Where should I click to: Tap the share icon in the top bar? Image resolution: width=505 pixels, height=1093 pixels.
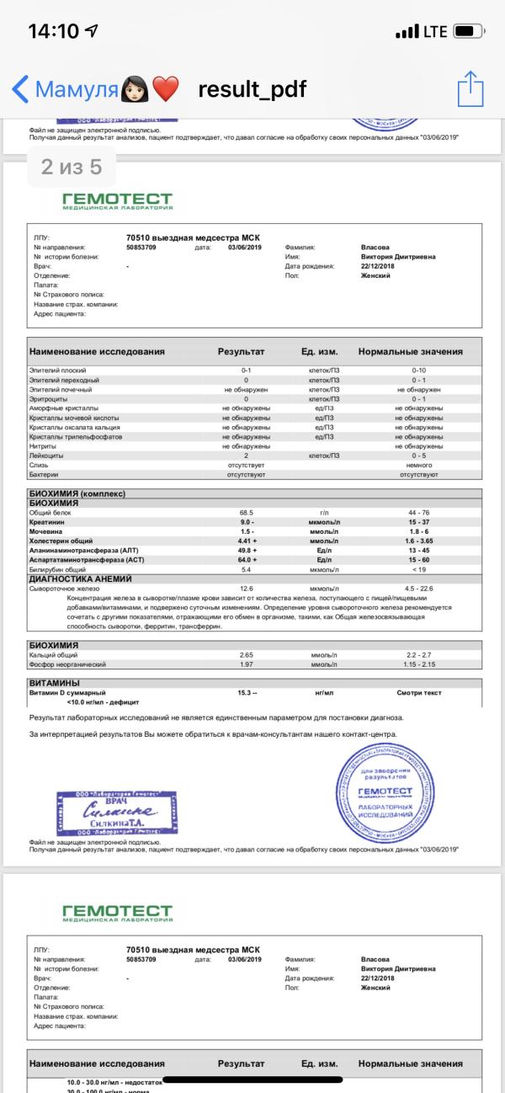click(x=470, y=88)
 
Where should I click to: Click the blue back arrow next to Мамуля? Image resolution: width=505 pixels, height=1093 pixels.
click(x=20, y=88)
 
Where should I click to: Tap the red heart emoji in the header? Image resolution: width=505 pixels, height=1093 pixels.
click(x=167, y=88)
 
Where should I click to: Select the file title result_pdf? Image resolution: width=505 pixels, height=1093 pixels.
click(x=252, y=89)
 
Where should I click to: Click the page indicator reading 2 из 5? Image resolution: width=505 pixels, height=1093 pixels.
click(x=72, y=168)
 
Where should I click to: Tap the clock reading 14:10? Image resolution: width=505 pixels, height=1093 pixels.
click(x=54, y=32)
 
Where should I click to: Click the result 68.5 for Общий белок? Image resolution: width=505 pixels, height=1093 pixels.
click(x=246, y=512)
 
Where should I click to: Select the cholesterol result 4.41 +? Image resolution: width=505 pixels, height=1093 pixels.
click(x=246, y=541)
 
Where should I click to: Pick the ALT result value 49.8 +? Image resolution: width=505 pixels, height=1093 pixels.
click(x=246, y=550)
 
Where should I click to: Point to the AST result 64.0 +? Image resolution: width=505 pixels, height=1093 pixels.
click(x=246, y=559)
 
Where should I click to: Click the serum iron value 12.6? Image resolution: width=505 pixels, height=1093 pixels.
click(x=246, y=589)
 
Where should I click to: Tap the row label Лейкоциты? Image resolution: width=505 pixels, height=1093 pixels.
click(x=47, y=456)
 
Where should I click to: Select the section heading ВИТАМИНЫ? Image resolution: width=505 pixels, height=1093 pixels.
click(x=55, y=682)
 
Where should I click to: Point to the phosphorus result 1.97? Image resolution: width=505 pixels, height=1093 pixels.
click(x=246, y=664)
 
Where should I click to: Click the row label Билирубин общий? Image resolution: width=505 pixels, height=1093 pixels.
click(x=60, y=569)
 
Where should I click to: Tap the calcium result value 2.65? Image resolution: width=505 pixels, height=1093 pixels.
click(x=246, y=654)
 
